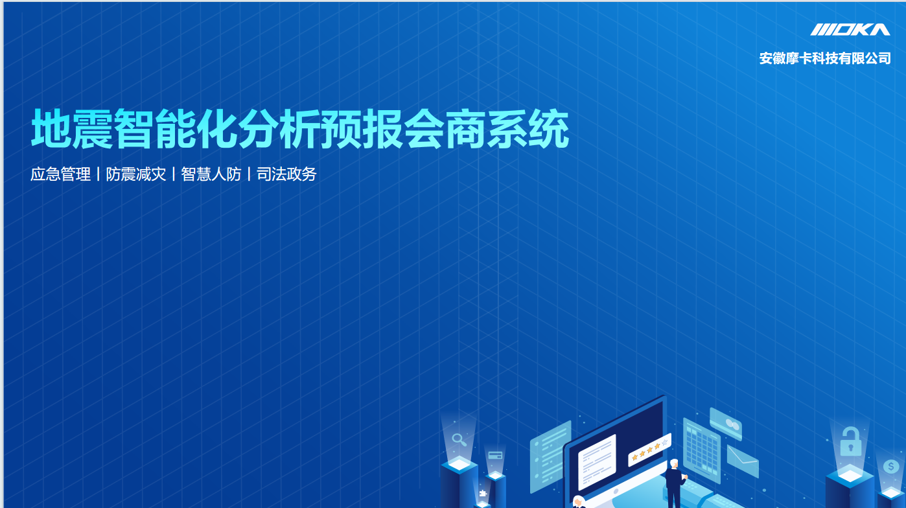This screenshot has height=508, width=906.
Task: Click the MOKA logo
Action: coord(850,30)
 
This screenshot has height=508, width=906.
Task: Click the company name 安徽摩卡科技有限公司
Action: coord(825,58)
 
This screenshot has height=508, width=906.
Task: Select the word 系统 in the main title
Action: coord(528,128)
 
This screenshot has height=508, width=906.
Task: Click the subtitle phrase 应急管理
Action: coord(61,174)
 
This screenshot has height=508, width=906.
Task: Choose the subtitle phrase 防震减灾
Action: coord(136,174)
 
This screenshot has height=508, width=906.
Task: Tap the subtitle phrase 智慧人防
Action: coord(211,174)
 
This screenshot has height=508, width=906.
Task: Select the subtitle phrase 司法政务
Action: coord(286,174)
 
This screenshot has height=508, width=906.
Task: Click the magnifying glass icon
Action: coord(459,440)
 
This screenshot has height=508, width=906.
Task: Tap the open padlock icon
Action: coord(850,441)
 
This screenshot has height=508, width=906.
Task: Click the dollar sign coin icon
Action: coord(891,467)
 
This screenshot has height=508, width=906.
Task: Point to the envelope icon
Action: coord(743,461)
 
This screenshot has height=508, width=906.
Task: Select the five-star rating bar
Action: coord(649,450)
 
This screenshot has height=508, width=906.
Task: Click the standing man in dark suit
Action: coord(675,483)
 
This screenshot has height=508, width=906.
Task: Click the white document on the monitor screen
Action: coord(597,462)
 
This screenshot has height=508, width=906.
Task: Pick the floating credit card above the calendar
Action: coord(726,424)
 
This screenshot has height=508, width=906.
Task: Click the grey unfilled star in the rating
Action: coord(664,443)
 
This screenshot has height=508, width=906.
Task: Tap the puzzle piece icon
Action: coord(483,493)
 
